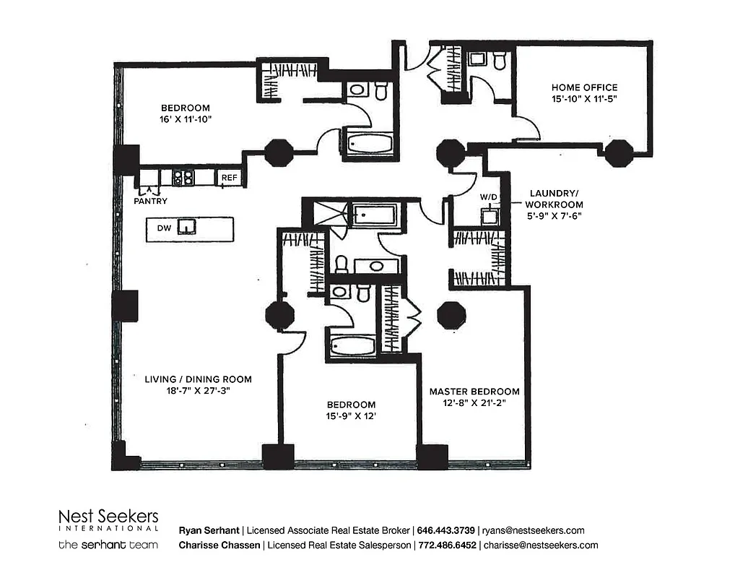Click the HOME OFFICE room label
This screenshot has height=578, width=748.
tap(584, 87)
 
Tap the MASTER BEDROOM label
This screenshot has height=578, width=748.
tap(474, 392)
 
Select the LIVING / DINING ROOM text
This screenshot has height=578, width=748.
tap(198, 379)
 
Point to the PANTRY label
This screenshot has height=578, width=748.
tap(151, 202)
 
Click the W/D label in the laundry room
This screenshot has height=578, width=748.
tap(489, 197)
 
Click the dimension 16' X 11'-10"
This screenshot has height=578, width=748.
tap(186, 118)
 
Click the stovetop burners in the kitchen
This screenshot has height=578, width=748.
tap(184, 176)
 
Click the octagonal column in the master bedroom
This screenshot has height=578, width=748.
tap(452, 315)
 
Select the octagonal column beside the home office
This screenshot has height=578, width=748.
tap(618, 153)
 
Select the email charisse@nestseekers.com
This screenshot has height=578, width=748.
tap(541, 545)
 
